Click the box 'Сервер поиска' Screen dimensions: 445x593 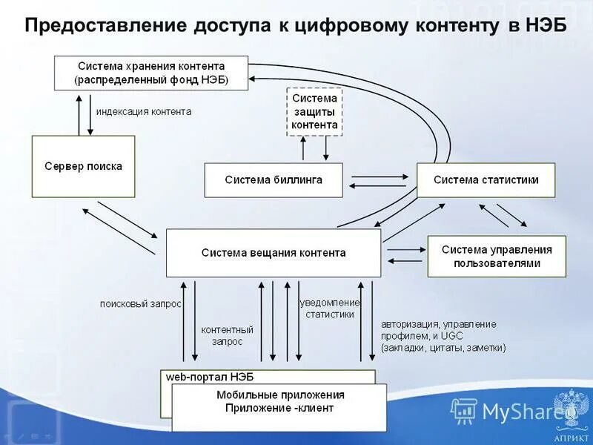(83, 166)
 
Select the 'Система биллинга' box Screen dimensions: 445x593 (274, 180)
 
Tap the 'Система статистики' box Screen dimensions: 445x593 (486, 180)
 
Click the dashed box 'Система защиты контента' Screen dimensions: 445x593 (314, 111)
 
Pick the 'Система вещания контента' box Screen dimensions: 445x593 (273, 253)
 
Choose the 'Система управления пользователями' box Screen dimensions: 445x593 (497, 257)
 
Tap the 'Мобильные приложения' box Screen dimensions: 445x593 (279, 395)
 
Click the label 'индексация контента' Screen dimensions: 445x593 (144, 112)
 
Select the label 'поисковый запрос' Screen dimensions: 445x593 (141, 303)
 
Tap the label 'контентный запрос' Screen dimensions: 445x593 (228, 335)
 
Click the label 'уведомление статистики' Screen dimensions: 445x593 (330, 309)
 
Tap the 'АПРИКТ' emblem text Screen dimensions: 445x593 (572, 427)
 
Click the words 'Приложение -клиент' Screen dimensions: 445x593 (279, 408)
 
